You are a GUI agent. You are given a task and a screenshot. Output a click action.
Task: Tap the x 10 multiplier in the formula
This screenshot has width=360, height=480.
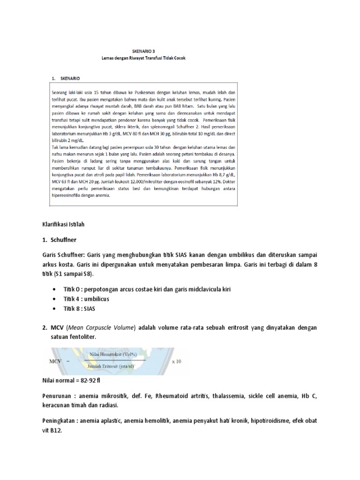(x=176, y=361)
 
